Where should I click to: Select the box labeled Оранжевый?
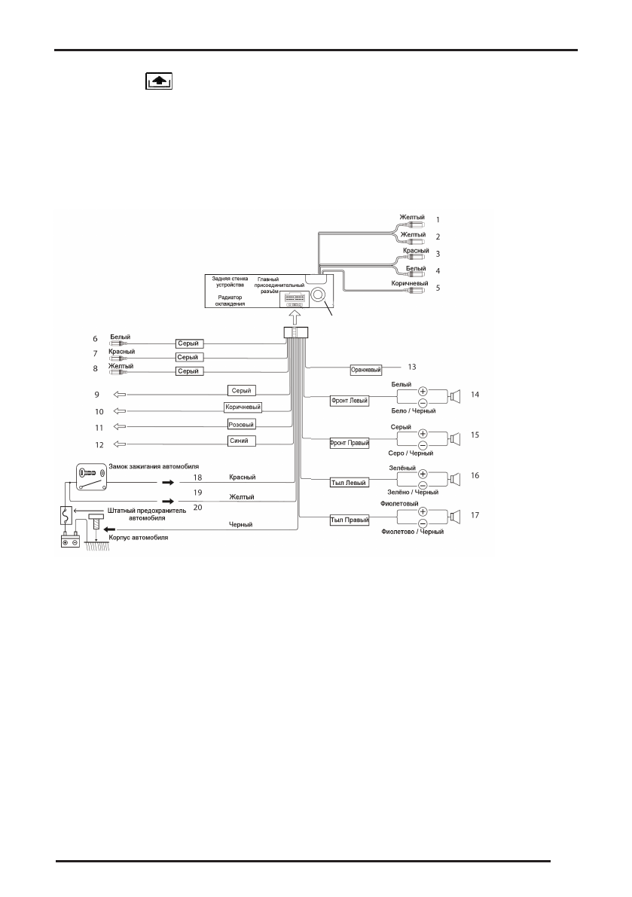[366, 370]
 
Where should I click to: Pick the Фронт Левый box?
[350, 401]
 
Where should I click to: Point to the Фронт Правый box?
[350, 443]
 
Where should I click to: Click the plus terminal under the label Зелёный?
[423, 474]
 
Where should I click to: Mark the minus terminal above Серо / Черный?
[423, 444]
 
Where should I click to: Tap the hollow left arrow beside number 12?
[118, 444]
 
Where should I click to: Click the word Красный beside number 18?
[243, 477]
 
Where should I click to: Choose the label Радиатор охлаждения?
[225, 301]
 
